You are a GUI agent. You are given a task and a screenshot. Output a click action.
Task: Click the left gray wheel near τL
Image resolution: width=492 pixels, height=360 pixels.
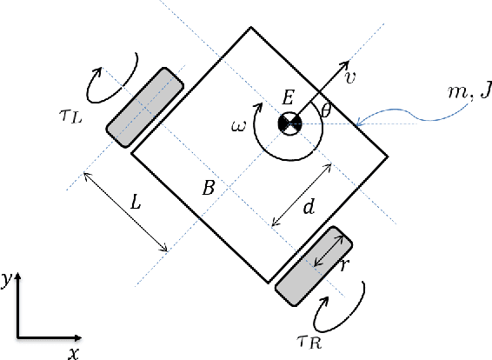(144, 107)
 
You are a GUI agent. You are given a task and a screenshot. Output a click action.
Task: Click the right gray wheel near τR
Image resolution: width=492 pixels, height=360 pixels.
(314, 266)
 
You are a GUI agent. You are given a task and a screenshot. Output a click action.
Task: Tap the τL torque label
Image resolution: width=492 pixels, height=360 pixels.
(70, 117)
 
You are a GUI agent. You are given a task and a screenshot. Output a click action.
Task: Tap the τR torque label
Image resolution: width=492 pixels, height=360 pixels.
(309, 342)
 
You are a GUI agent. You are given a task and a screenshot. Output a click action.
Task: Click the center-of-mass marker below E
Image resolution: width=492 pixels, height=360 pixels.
(290, 123)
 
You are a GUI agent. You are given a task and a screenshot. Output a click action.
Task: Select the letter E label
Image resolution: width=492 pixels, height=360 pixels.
(288, 97)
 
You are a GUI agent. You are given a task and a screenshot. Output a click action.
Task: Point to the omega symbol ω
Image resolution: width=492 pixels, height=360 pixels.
(238, 126)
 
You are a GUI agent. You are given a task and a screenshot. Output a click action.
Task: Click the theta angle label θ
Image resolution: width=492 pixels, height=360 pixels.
(326, 110)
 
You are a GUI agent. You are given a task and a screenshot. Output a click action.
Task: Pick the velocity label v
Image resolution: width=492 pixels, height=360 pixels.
(349, 77)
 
